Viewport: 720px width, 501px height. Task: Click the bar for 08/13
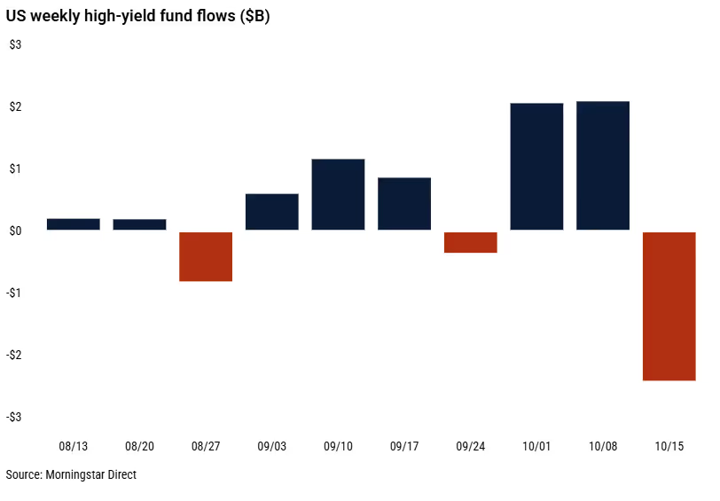pyautogui.click(x=73, y=224)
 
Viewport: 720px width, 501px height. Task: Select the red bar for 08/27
pyautogui.click(x=206, y=256)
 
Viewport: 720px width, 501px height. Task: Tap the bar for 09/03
pyautogui.click(x=271, y=212)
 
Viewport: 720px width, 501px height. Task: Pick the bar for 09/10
pyautogui.click(x=338, y=194)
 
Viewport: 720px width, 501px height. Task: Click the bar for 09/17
pyautogui.click(x=404, y=204)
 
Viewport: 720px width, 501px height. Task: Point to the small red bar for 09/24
pyautogui.click(x=471, y=242)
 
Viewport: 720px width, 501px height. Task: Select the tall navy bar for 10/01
pyautogui.click(x=536, y=167)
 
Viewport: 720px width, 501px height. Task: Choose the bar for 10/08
pyautogui.click(x=603, y=166)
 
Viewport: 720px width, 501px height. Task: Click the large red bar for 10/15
pyautogui.click(x=669, y=306)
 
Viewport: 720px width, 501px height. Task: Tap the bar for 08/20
pyautogui.click(x=139, y=224)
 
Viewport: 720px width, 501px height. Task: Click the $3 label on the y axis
pyautogui.click(x=15, y=44)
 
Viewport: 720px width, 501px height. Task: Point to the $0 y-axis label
pyautogui.click(x=15, y=231)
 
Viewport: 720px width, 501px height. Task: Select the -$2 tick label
pyautogui.click(x=13, y=355)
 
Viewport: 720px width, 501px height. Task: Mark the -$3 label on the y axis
pyautogui.click(x=13, y=417)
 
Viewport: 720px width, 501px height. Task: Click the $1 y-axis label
pyautogui.click(x=15, y=168)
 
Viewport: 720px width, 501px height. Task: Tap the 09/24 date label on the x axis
pyautogui.click(x=471, y=446)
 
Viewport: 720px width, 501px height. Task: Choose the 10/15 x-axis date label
pyautogui.click(x=669, y=446)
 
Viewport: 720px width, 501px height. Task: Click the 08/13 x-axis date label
pyautogui.click(x=73, y=446)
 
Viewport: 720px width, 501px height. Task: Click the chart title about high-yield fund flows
pyautogui.click(x=137, y=17)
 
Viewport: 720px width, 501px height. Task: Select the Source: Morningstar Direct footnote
pyautogui.click(x=71, y=474)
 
